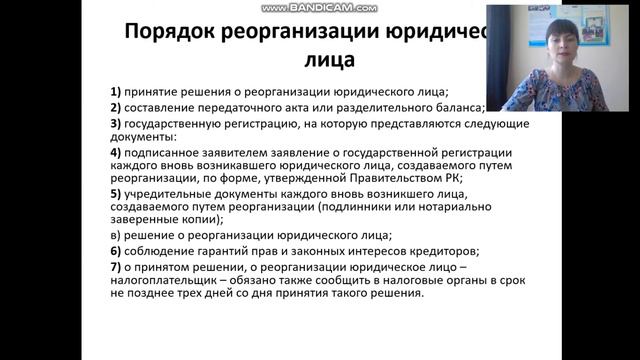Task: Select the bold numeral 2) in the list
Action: (x=116, y=107)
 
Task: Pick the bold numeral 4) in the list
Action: (x=116, y=152)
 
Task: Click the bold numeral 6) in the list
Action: (x=116, y=250)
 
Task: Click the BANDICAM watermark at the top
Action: (x=319, y=6)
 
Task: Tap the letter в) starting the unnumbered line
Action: (x=116, y=235)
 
